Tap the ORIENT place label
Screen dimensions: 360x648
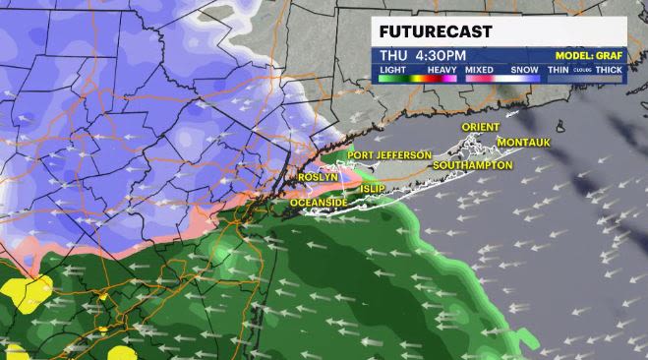click(481, 127)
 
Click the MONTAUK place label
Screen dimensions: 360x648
click(525, 143)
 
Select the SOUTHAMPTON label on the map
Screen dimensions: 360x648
click(472, 165)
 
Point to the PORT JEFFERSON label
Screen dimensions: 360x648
click(388, 155)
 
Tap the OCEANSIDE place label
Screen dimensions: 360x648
click(320, 203)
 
